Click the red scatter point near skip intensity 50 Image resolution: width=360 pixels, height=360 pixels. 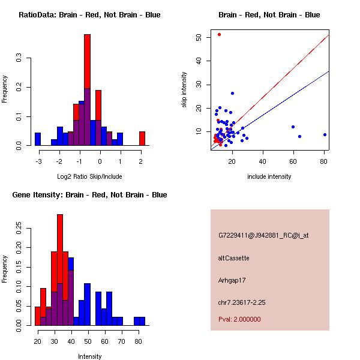(x=219, y=34)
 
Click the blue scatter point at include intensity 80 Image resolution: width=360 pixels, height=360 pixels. (x=325, y=134)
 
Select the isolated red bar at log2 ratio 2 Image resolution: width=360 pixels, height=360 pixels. (x=142, y=139)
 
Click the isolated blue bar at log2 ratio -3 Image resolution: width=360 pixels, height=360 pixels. (x=38, y=139)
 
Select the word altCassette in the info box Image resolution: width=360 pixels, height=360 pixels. (x=233, y=258)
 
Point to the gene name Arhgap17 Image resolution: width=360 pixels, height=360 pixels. (x=232, y=280)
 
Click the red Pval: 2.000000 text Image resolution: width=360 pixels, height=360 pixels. (x=239, y=319)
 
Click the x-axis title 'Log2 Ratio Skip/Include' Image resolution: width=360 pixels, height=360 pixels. (x=89, y=176)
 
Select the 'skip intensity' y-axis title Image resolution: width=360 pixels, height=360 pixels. (x=184, y=90)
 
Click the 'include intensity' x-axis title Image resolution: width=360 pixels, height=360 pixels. (x=269, y=176)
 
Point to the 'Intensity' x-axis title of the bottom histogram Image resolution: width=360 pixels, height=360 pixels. (x=90, y=356)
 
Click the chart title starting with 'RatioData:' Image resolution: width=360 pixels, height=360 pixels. (x=89, y=15)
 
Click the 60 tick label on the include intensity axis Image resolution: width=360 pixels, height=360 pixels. (x=293, y=161)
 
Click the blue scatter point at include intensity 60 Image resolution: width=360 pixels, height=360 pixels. (x=293, y=127)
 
